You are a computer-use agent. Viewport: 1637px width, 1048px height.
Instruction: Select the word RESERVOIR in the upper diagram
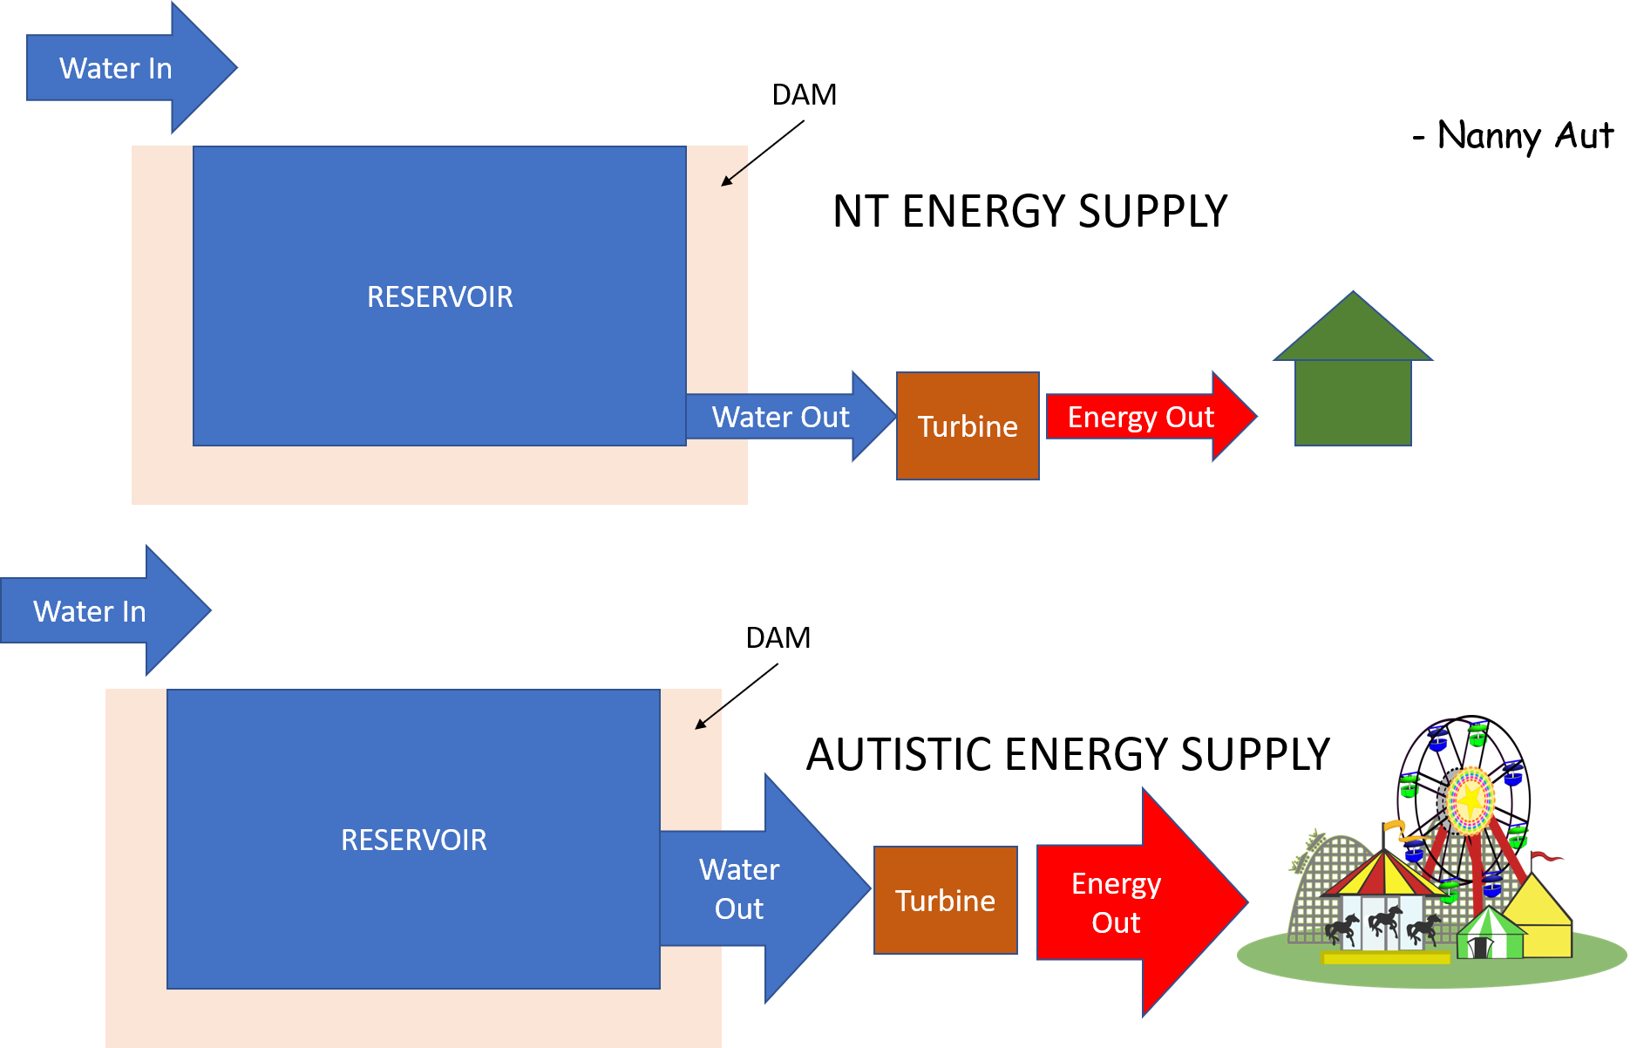coord(439,297)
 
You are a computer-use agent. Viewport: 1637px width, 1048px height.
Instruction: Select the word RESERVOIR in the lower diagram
coord(413,840)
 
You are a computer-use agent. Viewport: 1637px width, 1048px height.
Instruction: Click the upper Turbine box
coord(968,426)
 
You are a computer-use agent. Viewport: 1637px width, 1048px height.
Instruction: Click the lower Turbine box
coord(945,901)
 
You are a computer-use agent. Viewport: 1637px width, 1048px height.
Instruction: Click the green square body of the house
coord(1353,403)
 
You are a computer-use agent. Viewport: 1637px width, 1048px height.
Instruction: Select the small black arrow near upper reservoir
coord(733,176)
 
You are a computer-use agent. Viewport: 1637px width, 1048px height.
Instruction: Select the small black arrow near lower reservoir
coord(707,719)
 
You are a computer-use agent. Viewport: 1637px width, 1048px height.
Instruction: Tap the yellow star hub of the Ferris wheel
coord(1471,799)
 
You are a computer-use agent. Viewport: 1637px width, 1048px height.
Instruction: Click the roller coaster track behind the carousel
coord(1317,872)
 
